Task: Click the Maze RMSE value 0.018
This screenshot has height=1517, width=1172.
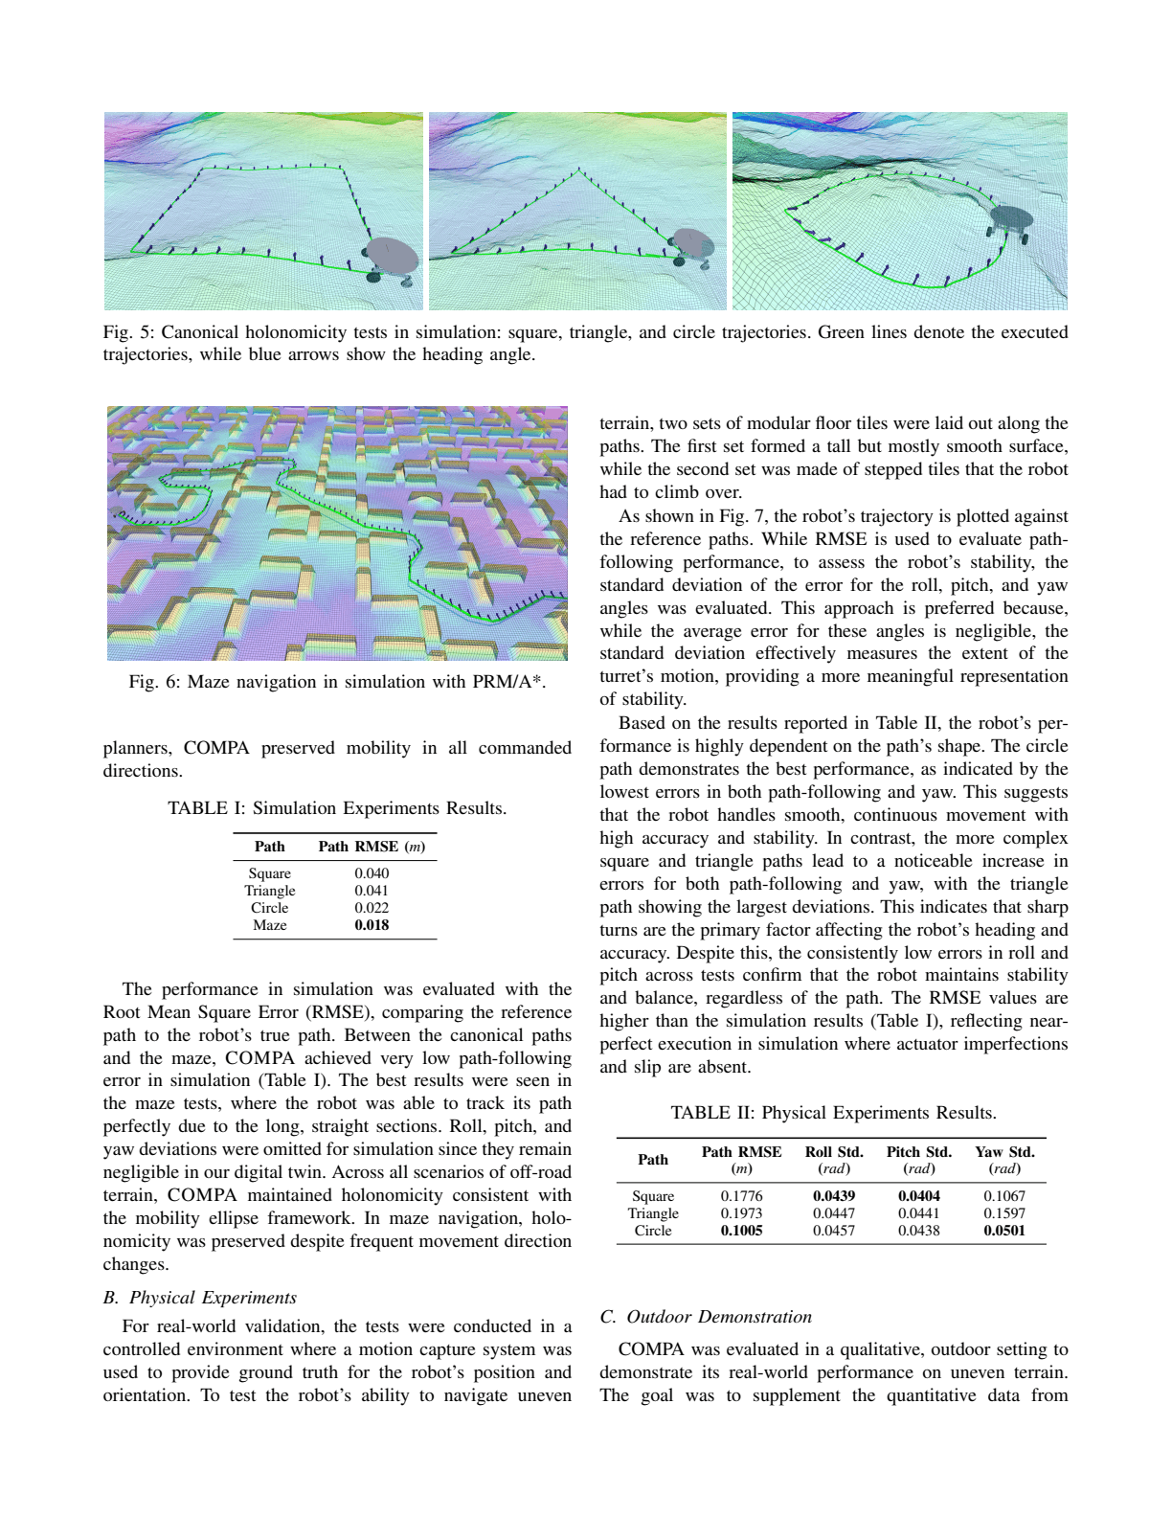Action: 372,925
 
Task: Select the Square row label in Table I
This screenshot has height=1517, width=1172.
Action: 269,873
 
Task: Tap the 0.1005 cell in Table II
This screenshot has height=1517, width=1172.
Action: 741,1231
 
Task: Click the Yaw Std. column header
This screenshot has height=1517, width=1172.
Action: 1004,1152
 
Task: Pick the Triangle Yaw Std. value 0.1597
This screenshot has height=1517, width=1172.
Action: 1004,1213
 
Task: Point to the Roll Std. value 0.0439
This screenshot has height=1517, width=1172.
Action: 834,1196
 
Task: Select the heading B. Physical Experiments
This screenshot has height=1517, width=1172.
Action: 200,1298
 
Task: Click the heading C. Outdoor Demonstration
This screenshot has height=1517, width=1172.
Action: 706,1317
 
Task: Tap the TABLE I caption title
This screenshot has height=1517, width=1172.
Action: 337,808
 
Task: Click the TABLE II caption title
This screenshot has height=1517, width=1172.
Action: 833,1113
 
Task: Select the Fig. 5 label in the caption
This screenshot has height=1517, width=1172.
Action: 129,332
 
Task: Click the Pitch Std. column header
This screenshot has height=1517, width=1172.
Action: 918,1152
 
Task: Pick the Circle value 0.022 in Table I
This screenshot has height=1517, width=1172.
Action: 372,908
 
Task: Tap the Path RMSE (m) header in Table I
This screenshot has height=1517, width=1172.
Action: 372,847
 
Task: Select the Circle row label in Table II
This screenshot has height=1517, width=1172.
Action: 653,1231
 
